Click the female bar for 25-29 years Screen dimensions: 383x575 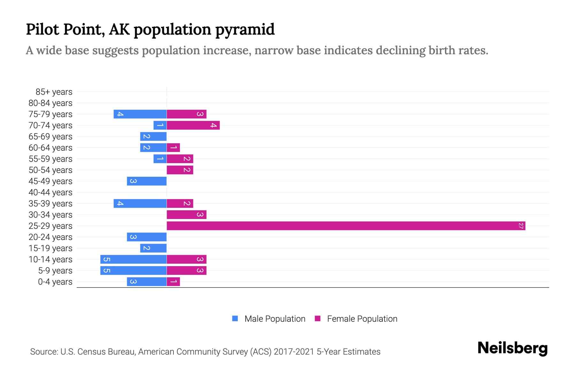click(346, 226)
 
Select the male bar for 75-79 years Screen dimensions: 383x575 click(140, 114)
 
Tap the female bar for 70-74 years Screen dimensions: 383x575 click(193, 125)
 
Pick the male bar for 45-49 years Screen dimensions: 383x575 click(147, 181)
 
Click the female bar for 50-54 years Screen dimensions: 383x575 click(180, 170)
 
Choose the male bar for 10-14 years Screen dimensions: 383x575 click(133, 259)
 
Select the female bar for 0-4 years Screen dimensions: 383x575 click(173, 282)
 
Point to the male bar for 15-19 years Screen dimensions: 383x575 click(153, 248)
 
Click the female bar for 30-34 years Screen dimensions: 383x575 click(187, 215)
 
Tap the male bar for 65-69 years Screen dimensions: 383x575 click(153, 137)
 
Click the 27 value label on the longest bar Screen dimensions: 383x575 click(521, 226)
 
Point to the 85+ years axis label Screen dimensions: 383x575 click(54, 92)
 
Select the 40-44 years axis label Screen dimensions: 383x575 click(50, 192)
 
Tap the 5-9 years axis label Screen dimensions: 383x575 click(55, 271)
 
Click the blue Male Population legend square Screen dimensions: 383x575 click(235, 319)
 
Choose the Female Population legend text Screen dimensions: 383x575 click(362, 319)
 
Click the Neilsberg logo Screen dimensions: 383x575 click(512, 348)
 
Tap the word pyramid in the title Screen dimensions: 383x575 click(245, 30)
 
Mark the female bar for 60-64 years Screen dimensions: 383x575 click(173, 148)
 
